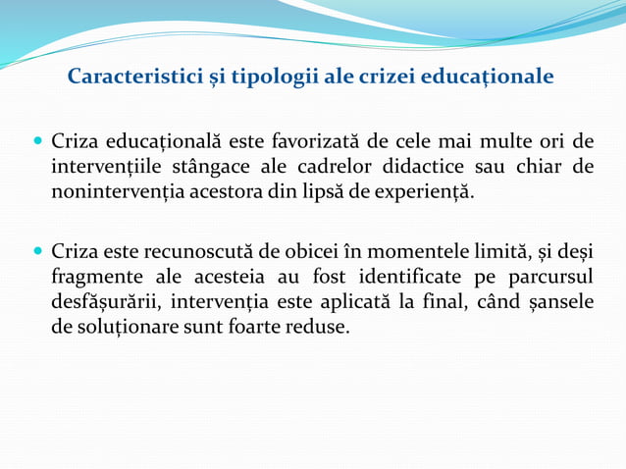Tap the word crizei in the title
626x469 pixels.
click(382, 77)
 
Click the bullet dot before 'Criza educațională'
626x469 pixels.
click(38, 141)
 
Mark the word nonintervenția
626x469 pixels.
click(114, 191)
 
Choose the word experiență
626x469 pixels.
click(425, 191)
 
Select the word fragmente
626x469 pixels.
click(98, 277)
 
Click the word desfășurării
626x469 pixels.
click(107, 301)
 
